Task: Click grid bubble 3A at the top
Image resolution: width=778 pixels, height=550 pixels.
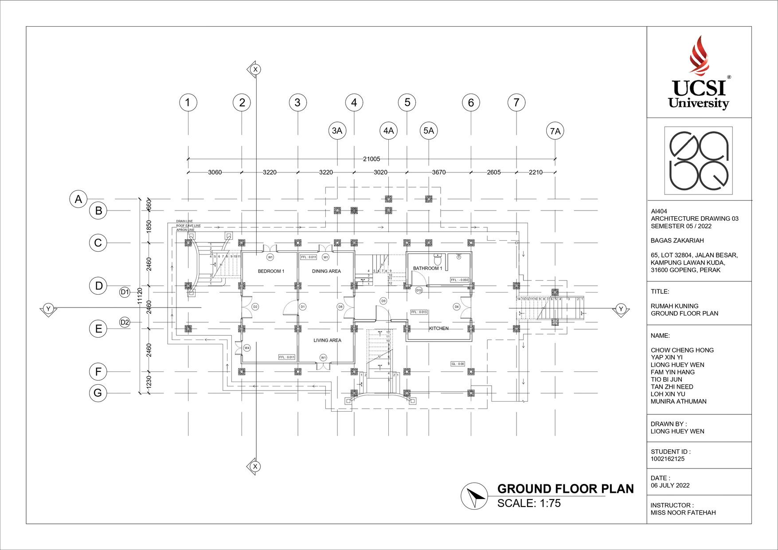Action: pos(337,131)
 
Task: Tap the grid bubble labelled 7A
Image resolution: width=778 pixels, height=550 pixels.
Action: pos(555,131)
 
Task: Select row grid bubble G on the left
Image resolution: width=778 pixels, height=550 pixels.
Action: pos(98,393)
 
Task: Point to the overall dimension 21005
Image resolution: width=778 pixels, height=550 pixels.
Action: pos(371,159)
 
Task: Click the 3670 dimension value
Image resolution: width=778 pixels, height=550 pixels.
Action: pos(439,172)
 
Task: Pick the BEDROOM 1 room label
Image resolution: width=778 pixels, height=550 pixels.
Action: pos(271,271)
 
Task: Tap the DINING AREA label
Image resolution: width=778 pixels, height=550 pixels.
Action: pos(326,271)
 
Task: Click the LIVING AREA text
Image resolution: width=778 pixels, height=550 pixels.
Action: pos(327,340)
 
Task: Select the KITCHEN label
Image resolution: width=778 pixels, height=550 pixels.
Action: pos(438,328)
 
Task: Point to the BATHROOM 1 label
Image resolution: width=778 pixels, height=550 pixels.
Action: pos(427,268)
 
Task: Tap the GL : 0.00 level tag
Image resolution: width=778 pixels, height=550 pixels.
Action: pos(458,364)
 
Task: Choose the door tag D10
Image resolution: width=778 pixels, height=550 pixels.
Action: pos(419,291)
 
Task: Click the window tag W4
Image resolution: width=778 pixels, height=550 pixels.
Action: pos(247,348)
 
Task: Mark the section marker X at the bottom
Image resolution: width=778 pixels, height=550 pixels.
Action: pos(255,466)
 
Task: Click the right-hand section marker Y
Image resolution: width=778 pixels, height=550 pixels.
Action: pos(621,309)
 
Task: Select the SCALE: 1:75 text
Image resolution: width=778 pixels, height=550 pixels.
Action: pos(529,503)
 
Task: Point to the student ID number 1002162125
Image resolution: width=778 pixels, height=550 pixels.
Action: pos(668,459)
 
